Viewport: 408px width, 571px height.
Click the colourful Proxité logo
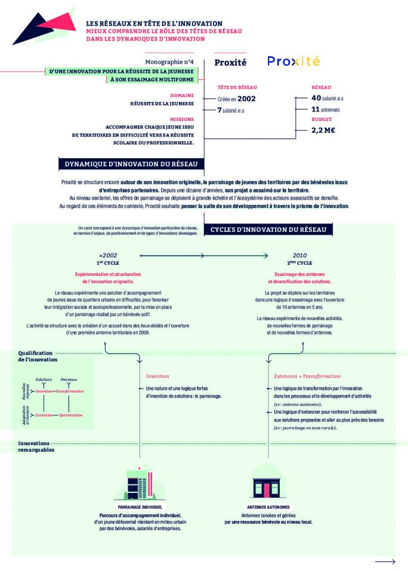click(293, 61)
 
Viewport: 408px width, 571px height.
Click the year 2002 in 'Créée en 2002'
click(246, 98)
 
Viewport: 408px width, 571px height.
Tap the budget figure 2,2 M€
click(323, 131)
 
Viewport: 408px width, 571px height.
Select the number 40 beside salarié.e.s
click(316, 98)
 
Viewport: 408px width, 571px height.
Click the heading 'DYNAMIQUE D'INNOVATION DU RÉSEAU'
click(132, 164)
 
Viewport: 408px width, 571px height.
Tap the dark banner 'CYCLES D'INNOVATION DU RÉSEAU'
click(271, 230)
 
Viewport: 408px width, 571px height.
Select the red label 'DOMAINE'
click(182, 95)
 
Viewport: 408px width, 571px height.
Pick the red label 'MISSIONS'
click(182, 119)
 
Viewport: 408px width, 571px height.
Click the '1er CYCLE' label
click(108, 263)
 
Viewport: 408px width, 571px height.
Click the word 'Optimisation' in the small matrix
click(71, 415)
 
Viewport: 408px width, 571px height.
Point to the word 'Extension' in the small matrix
click(44, 415)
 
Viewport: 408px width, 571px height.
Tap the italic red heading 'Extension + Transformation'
click(307, 376)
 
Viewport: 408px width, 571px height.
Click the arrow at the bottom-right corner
click(385, 561)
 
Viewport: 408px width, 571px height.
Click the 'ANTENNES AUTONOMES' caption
click(268, 507)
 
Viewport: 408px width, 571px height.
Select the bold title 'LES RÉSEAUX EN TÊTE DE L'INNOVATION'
click(154, 23)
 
